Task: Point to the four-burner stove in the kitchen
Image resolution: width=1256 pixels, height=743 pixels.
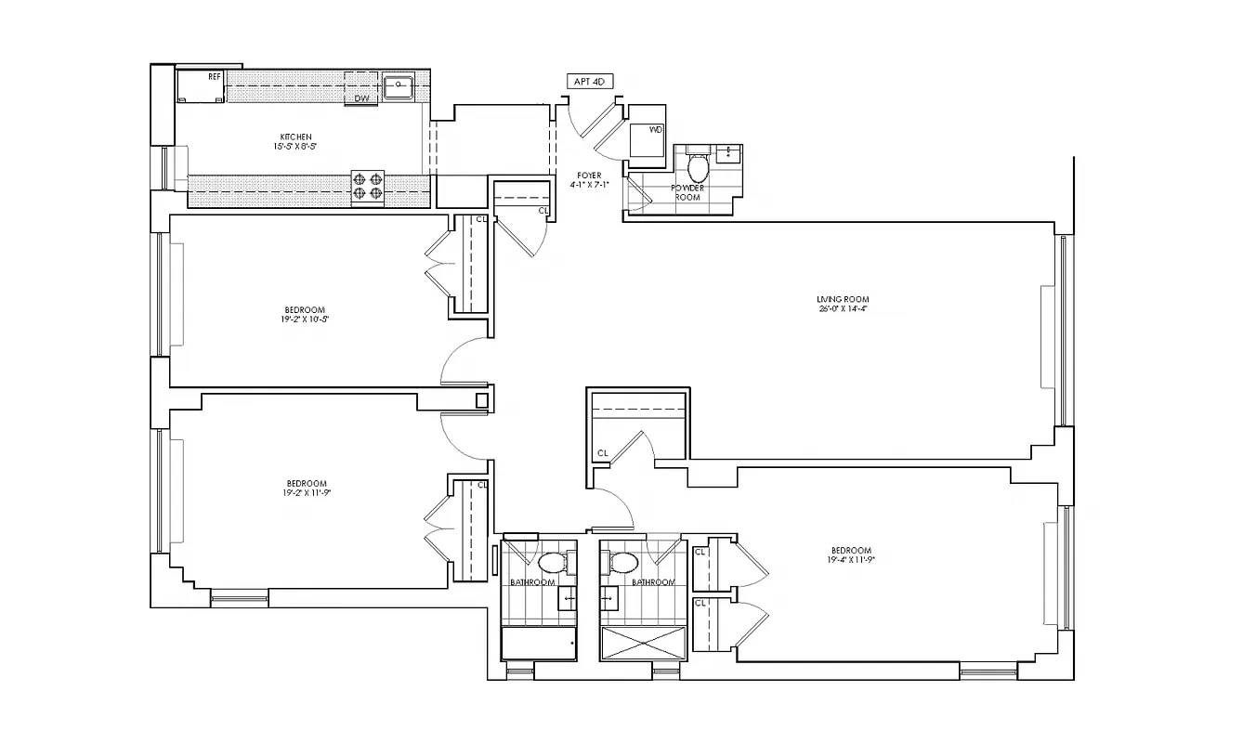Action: pos(367,186)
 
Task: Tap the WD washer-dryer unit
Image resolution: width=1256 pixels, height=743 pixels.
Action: pos(648,140)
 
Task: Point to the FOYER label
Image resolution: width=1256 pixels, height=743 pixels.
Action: pos(589,176)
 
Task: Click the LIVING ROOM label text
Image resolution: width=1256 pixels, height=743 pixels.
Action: pos(842,299)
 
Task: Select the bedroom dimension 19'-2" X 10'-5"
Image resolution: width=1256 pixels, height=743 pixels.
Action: pos(306,319)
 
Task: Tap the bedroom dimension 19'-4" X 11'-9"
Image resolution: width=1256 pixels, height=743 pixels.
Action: pos(850,560)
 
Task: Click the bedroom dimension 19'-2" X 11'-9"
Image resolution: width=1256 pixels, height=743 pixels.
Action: pos(306,493)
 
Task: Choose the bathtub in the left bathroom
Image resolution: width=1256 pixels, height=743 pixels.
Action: pos(539,642)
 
